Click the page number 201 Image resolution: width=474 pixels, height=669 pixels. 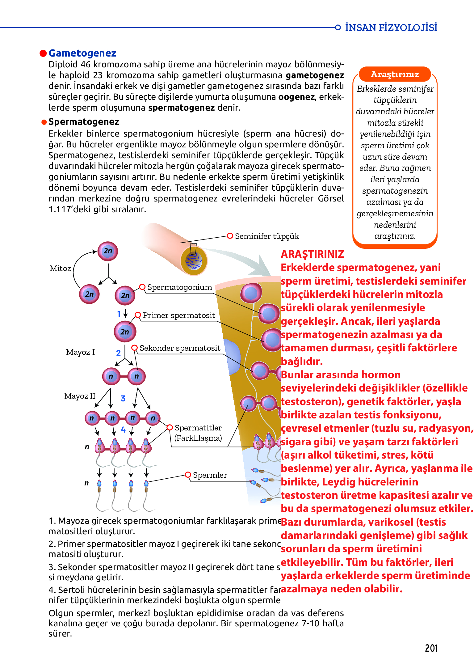click(431, 648)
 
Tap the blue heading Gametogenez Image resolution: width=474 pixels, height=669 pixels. click(82, 53)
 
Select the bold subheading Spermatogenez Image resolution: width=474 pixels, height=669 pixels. click(84, 122)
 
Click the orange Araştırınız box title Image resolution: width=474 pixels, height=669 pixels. click(395, 74)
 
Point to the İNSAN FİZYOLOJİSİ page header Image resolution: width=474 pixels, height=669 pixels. click(391, 28)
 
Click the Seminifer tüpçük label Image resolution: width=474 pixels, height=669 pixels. click(267, 236)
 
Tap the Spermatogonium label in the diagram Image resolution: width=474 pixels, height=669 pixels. click(179, 287)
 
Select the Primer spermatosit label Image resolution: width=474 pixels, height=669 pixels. click(179, 315)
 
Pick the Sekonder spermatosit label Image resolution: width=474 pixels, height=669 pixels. click(180, 348)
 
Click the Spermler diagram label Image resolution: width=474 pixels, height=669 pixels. click(210, 475)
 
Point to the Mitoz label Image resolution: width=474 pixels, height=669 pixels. click(61, 268)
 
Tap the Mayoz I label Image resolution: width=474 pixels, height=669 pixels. click(80, 352)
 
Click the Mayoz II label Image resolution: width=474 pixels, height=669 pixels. click(80, 396)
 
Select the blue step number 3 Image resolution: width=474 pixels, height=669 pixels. click(123, 398)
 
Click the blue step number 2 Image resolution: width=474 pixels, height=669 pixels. click(118, 353)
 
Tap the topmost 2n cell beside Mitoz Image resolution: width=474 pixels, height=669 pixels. click(108, 251)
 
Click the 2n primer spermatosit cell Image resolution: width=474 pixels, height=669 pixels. click(125, 332)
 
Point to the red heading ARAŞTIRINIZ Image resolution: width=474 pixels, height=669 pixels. click(312, 254)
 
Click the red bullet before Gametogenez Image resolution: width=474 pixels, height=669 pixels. click(43, 53)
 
